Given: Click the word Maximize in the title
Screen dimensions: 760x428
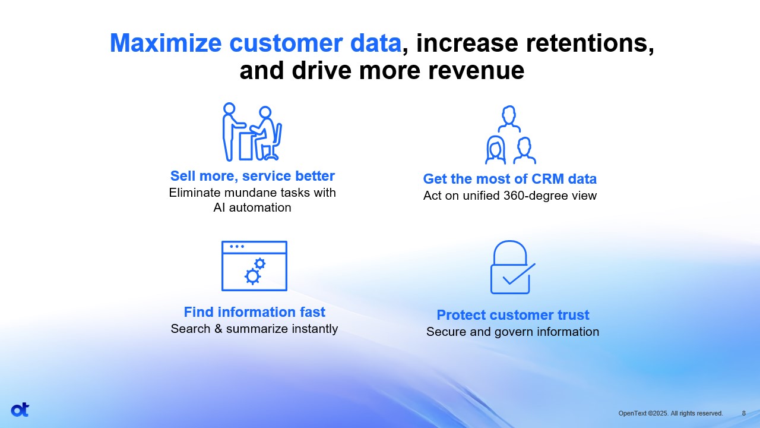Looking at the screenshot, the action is [166, 43].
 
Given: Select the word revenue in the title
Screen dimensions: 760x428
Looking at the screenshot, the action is [476, 71].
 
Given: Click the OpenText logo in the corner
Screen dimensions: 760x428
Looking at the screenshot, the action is [20, 410].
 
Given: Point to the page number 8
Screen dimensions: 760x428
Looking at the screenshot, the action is [744, 413].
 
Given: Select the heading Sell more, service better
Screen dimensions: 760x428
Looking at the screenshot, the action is [252, 176].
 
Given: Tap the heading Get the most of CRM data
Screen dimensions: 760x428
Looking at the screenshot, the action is [509, 179].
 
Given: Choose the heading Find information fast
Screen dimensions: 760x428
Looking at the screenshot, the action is [255, 312].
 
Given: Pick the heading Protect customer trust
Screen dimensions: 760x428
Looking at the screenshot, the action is [512, 315].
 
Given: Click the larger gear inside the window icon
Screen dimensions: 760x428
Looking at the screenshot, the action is [252, 276].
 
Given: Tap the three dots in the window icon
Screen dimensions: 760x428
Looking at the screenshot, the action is [237, 247].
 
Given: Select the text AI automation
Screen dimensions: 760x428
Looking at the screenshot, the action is [252, 207].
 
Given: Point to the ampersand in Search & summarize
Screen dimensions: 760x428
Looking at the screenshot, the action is [218, 329].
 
